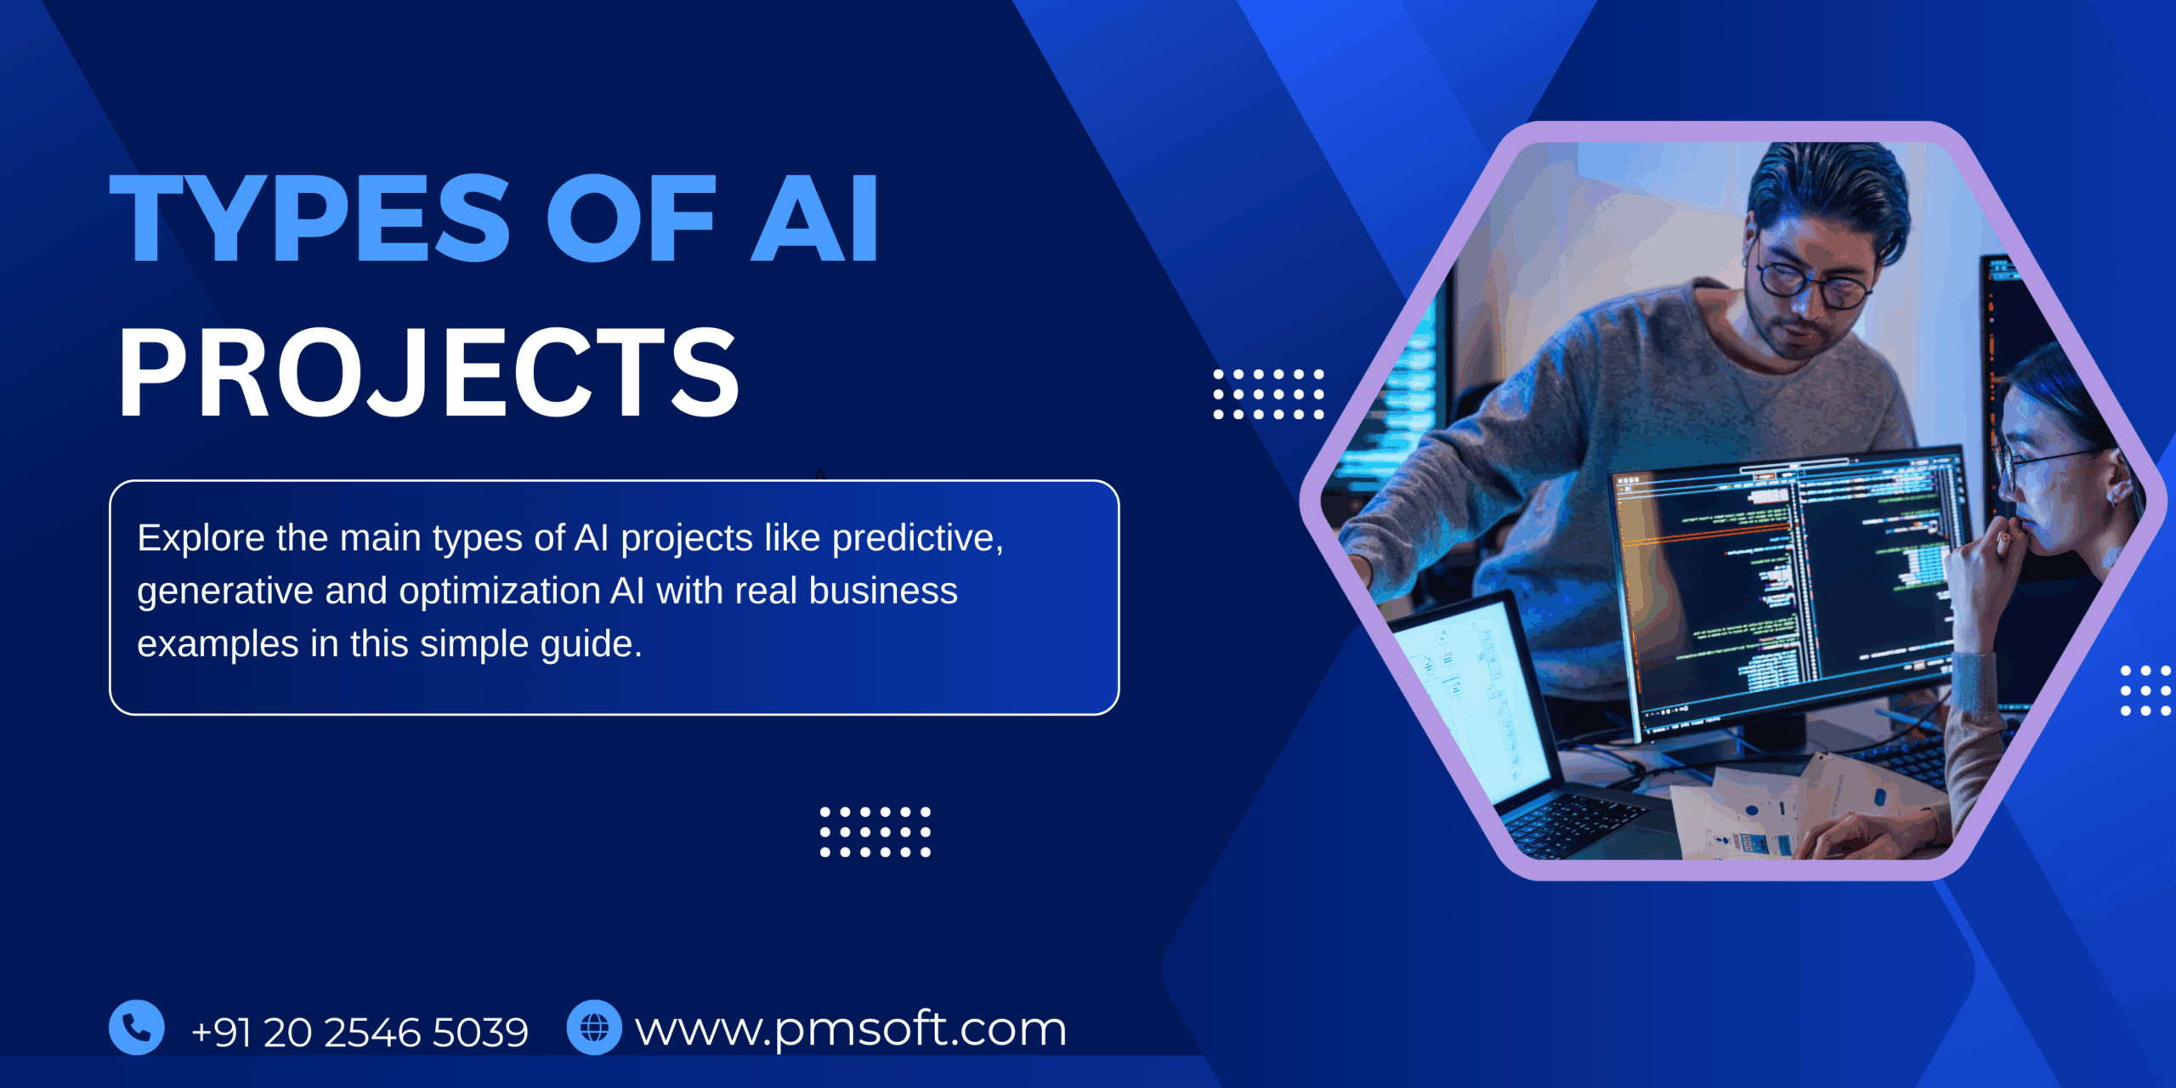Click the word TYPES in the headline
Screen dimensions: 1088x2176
310,218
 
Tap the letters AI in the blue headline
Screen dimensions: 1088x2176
814,218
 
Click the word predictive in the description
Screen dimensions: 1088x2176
917,538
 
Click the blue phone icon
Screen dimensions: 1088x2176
137,1028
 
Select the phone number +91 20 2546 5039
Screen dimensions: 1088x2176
360,1032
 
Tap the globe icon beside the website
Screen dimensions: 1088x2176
594,1028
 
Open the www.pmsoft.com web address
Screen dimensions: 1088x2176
851,1029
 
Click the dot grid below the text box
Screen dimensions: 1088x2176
875,832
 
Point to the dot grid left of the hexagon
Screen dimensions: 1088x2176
1268,394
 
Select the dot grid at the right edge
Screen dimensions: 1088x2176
2145,690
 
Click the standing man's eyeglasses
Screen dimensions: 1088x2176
1815,286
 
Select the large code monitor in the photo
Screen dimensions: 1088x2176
1785,586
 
